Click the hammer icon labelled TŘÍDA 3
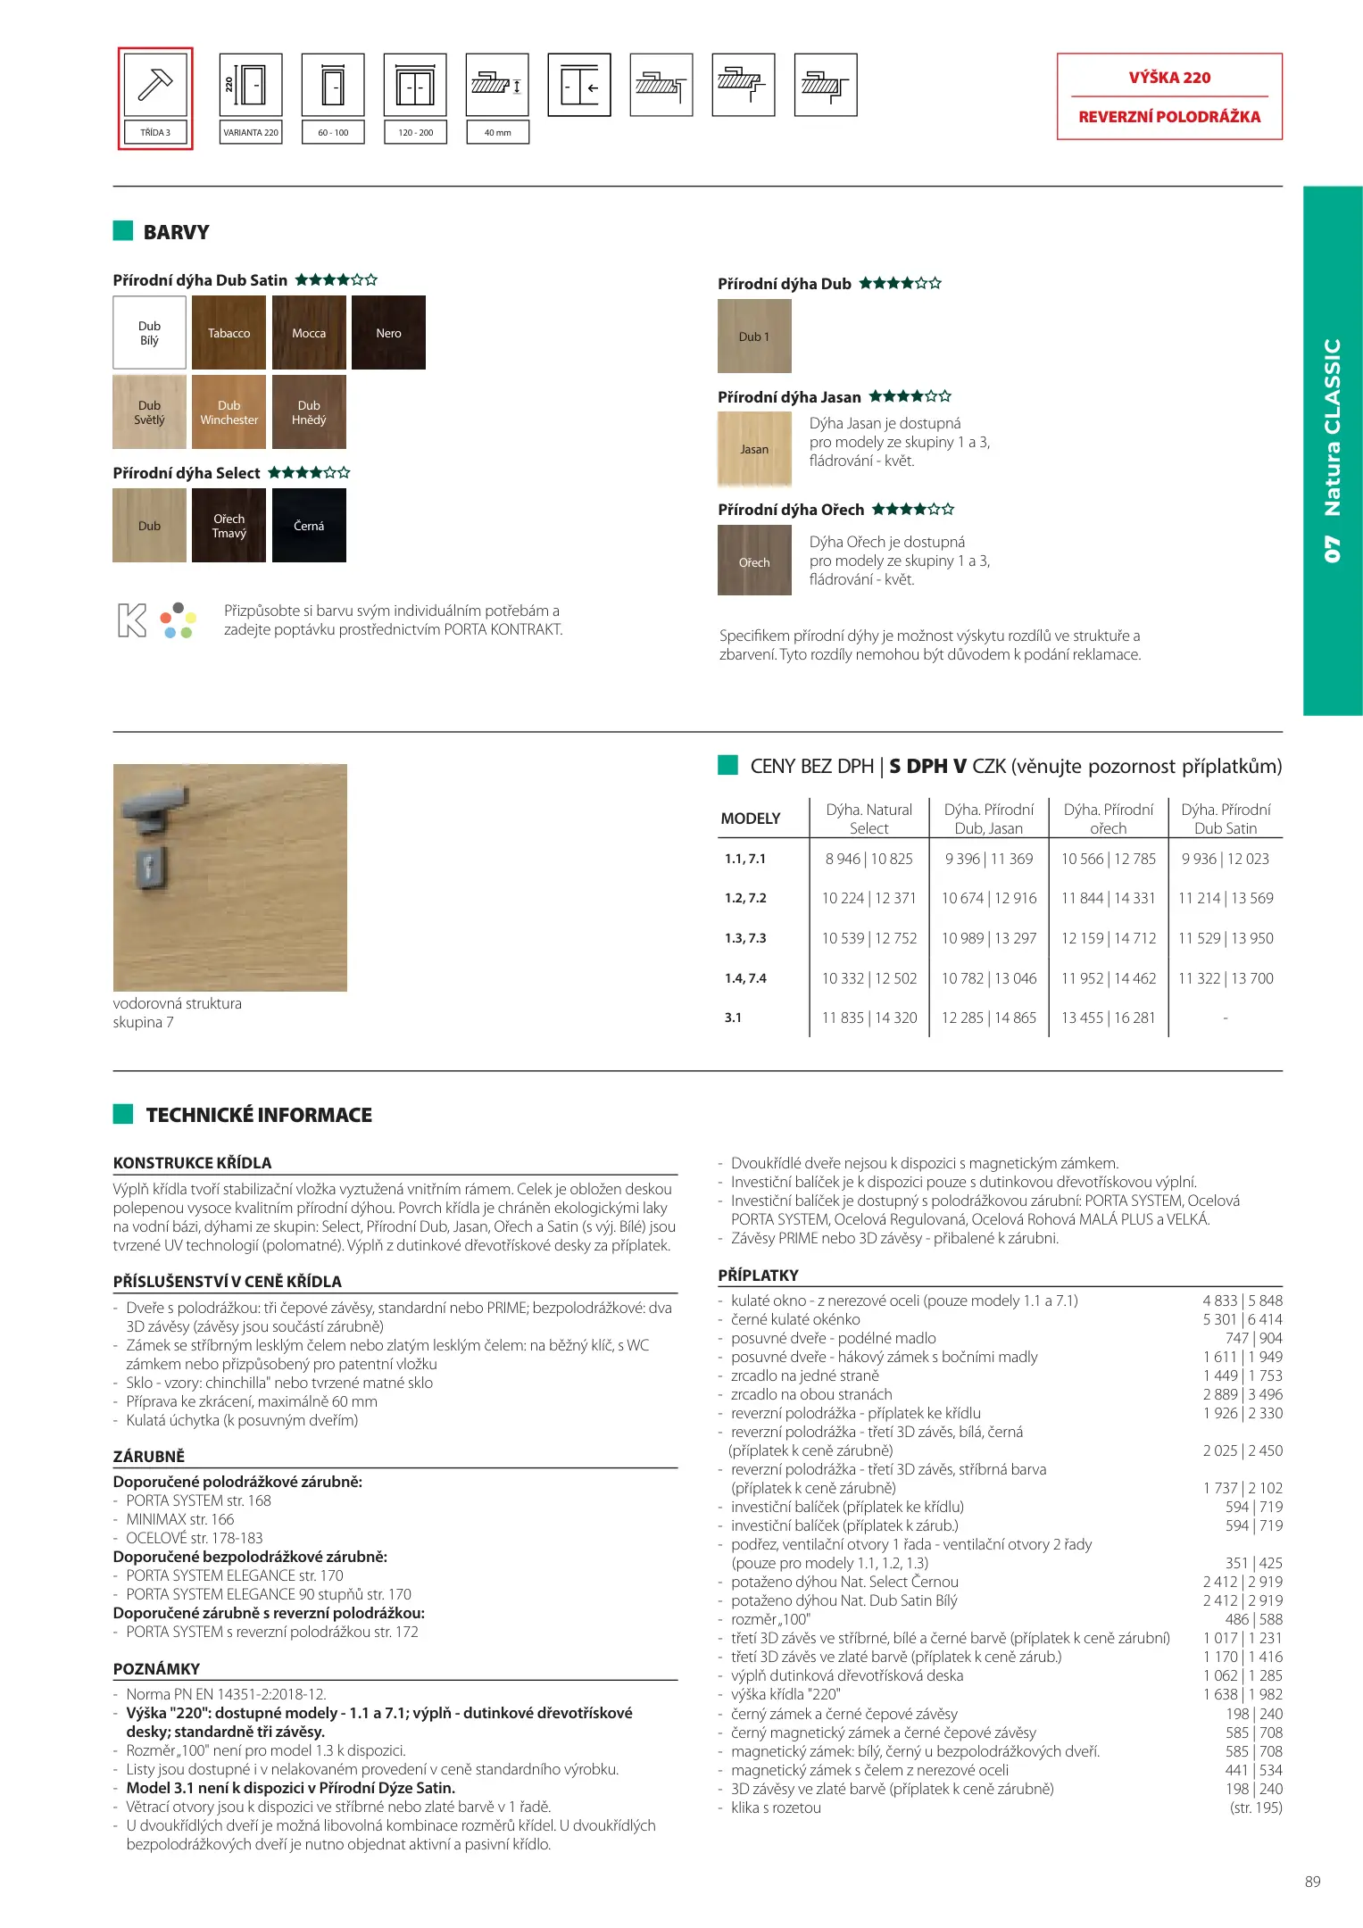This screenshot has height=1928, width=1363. [155, 85]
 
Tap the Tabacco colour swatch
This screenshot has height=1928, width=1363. [229, 333]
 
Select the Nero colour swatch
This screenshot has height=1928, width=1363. [388, 333]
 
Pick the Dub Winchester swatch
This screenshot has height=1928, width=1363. [229, 412]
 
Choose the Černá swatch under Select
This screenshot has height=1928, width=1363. [309, 526]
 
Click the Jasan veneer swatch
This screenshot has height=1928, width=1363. [754, 449]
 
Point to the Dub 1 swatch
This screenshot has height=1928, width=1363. [754, 337]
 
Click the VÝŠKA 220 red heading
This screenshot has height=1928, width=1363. [1169, 78]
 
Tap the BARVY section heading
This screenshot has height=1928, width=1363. [176, 232]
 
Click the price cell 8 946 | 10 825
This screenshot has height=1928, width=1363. [868, 859]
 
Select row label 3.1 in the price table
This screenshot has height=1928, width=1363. [733, 1018]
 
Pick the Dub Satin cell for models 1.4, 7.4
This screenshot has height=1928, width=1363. [1226, 978]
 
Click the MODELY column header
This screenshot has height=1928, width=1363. [751, 819]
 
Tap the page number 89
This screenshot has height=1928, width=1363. [1312, 1882]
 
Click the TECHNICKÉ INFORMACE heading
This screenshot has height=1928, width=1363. [259, 1115]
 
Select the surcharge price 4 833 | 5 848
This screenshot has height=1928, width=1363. [1242, 1301]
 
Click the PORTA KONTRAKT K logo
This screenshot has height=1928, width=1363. [132, 620]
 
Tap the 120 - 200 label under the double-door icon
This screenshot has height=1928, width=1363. [415, 133]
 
